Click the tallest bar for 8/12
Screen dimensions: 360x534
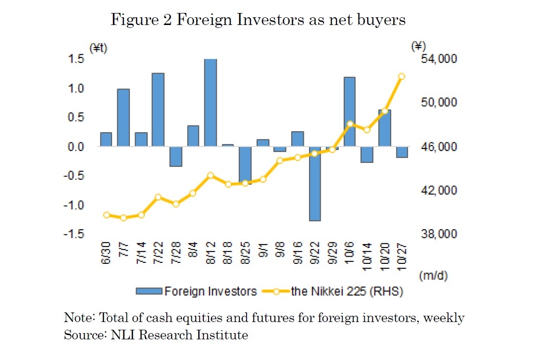coord(211,102)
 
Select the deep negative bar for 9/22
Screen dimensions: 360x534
coord(315,184)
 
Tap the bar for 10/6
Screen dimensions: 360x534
coord(349,112)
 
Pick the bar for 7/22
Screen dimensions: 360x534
coord(158,110)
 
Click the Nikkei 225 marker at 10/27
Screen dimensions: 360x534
coord(402,76)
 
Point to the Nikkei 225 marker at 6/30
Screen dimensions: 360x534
coord(106,215)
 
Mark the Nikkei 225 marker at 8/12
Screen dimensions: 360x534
coord(211,175)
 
